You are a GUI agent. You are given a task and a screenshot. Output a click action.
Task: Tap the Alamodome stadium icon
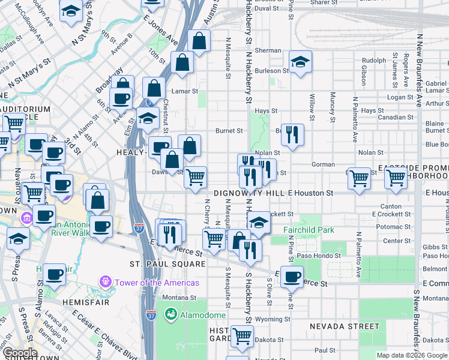click(x=170, y=314)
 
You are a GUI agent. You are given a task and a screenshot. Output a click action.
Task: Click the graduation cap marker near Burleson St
click(x=300, y=61)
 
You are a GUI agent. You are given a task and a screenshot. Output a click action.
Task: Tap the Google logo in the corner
click(x=19, y=353)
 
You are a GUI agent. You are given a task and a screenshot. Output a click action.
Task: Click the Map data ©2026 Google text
click(x=411, y=355)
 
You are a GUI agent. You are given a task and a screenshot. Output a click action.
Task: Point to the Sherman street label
click(x=268, y=51)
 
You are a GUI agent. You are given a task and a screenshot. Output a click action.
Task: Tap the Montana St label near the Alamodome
click(x=179, y=297)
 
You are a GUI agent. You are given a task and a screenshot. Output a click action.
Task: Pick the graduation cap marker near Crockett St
click(x=259, y=222)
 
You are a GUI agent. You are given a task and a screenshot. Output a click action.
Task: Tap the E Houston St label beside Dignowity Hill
click(x=310, y=193)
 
